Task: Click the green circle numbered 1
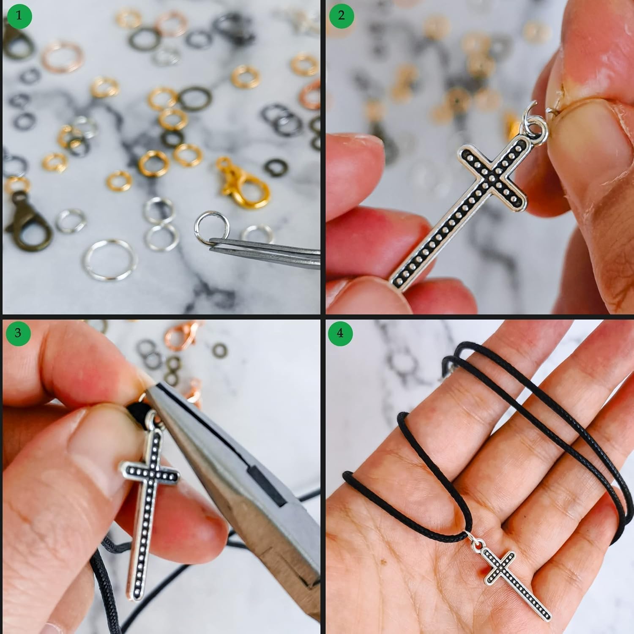[19, 16]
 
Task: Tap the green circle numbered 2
[341, 16]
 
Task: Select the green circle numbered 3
[18, 333]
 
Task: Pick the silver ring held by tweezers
[212, 227]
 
